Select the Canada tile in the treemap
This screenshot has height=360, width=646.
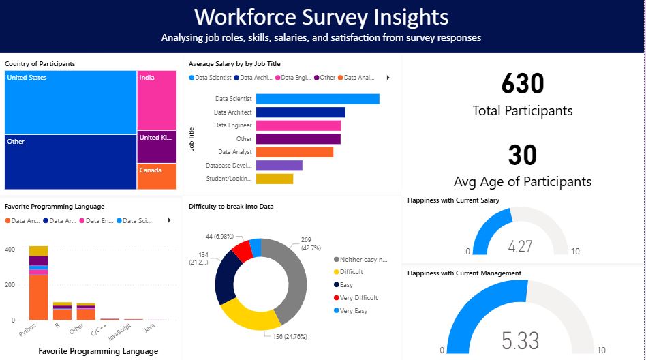click(x=157, y=176)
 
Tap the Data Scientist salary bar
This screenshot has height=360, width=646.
click(x=318, y=99)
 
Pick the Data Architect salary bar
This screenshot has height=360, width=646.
click(x=301, y=112)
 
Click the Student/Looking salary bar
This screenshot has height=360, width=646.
click(x=275, y=179)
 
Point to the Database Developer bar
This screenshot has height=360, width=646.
click(x=279, y=166)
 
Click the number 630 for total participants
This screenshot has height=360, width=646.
click(x=523, y=84)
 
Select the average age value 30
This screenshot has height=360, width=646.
click(x=523, y=155)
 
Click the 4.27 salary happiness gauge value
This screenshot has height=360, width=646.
click(x=520, y=246)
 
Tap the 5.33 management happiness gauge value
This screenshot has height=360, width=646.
click(x=521, y=340)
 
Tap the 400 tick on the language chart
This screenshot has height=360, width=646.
click(x=10, y=250)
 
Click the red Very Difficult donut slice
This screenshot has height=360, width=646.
click(x=242, y=251)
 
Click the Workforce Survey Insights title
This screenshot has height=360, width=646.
click(x=322, y=16)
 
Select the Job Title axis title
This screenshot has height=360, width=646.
click(x=192, y=138)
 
